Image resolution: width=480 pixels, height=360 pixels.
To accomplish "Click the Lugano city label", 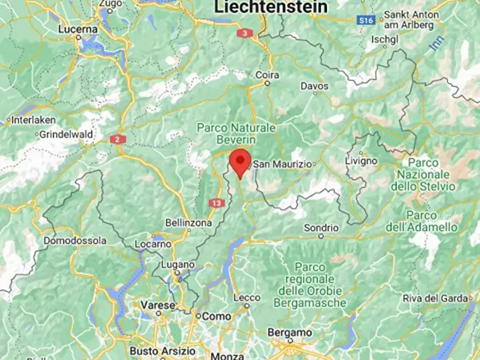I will pyautogui.click(x=177, y=265).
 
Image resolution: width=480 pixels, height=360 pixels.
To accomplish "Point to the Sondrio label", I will pyautogui.click(x=321, y=228).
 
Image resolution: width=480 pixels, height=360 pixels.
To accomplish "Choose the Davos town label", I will pyautogui.click(x=314, y=86).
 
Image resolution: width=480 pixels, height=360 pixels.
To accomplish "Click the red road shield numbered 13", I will pyautogui.click(x=217, y=203).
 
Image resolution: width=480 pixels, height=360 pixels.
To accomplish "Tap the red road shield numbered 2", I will pyautogui.click(x=118, y=140).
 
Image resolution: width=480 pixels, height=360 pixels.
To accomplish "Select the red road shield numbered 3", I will pyautogui.click(x=245, y=33).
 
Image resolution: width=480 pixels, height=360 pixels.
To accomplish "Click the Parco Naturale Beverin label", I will pyautogui.click(x=236, y=134).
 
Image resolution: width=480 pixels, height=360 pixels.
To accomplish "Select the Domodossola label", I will pyautogui.click(x=75, y=241).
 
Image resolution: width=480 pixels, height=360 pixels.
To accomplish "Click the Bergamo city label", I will pyautogui.click(x=290, y=333).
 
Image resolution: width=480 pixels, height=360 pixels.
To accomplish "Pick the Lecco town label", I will pyautogui.click(x=247, y=298).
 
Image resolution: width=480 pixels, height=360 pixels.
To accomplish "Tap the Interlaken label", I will pyautogui.click(x=31, y=120).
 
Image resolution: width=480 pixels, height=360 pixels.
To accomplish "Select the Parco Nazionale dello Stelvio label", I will pyautogui.click(x=423, y=175).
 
